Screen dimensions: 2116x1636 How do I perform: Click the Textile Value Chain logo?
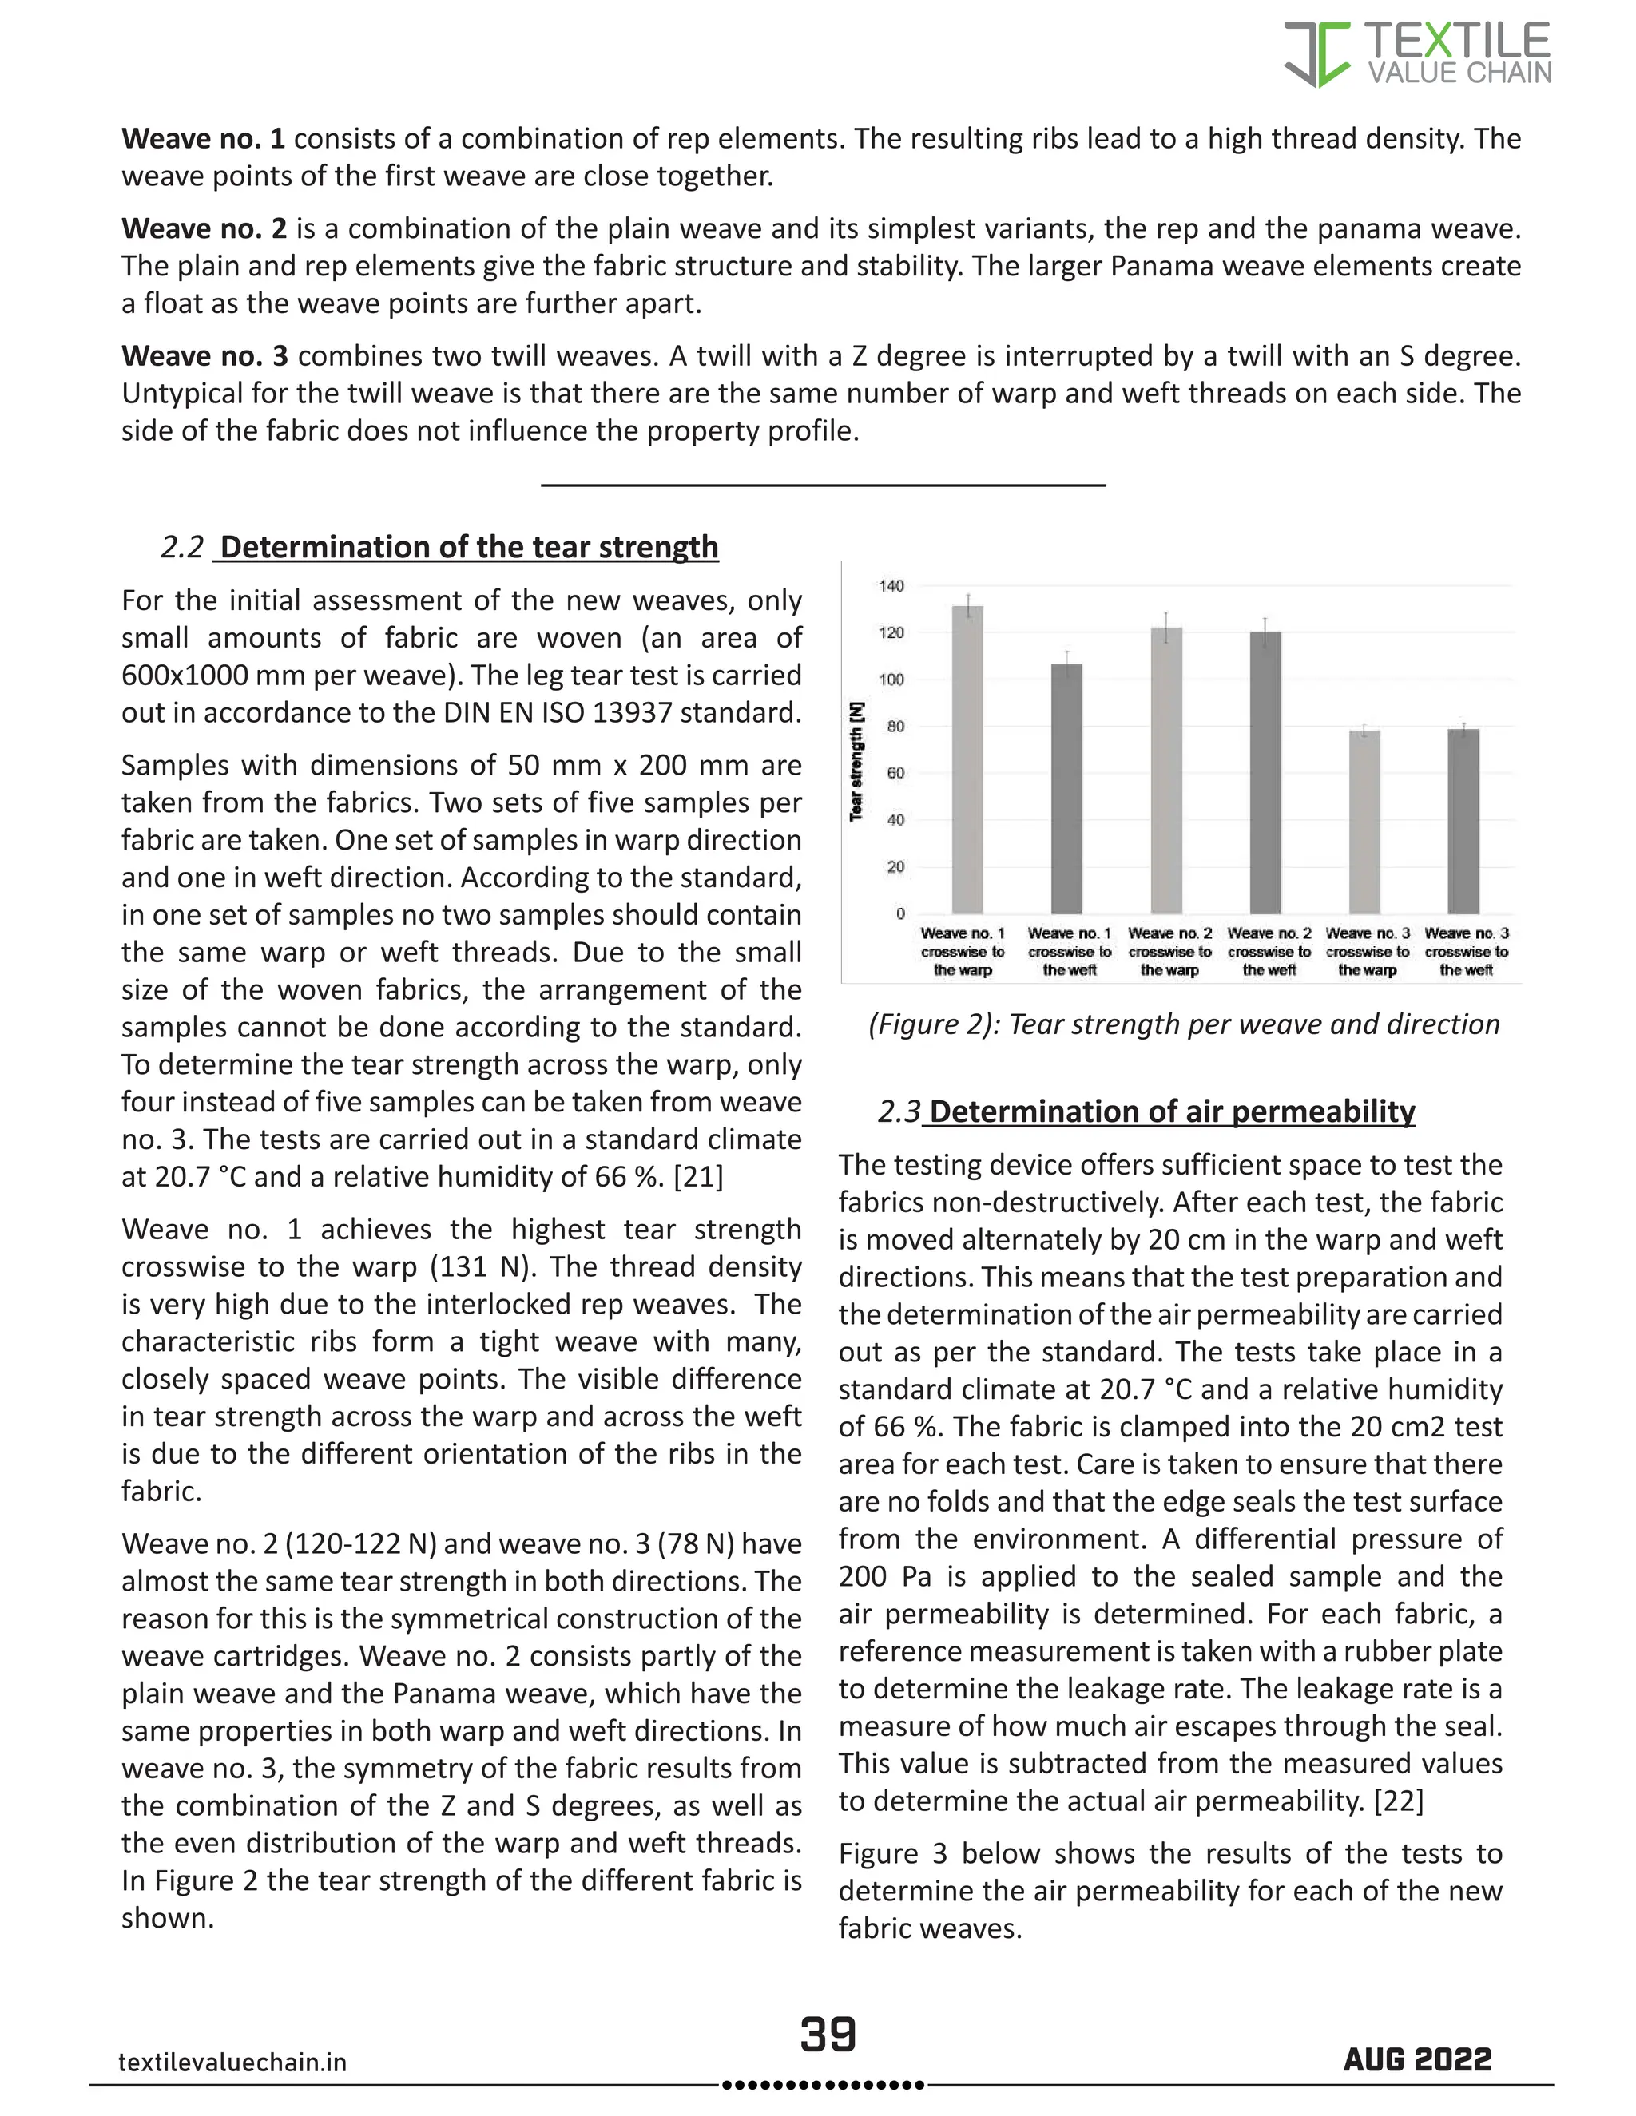pyautogui.click(x=1417, y=55)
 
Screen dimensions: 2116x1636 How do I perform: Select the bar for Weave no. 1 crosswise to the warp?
pyautogui.click(x=967, y=759)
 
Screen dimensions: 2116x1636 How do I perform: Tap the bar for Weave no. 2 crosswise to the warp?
pyautogui.click(x=1166, y=771)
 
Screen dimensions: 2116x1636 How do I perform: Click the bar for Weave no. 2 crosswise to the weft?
pyautogui.click(x=1266, y=772)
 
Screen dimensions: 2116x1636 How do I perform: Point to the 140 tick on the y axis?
pyautogui.click(x=891, y=586)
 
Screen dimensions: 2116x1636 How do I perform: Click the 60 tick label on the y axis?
pyautogui.click(x=895, y=773)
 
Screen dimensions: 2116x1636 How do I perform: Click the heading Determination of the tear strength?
pyautogui.click(x=469, y=548)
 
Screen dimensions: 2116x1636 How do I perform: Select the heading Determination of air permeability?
pyautogui.click(x=1172, y=1111)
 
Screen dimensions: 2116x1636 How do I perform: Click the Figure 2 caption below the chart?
pyautogui.click(x=1183, y=1024)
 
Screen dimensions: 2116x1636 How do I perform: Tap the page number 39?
pyautogui.click(x=828, y=2034)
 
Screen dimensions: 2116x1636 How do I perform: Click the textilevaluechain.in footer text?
pyautogui.click(x=232, y=2063)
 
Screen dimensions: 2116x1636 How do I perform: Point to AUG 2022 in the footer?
pyautogui.click(x=1417, y=2060)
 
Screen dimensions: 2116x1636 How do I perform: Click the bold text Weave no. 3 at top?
pyautogui.click(x=204, y=355)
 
